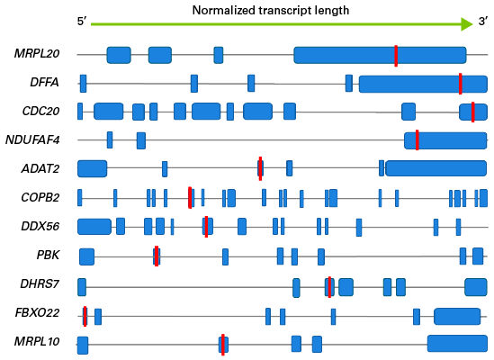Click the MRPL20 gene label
point(37,54)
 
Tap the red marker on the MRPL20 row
point(396,56)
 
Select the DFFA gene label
point(44,83)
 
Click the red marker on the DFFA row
point(461,84)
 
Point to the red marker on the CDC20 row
point(473,112)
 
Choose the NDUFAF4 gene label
point(32,140)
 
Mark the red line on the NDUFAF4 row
point(418,140)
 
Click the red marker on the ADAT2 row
point(260,168)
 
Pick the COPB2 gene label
point(40,198)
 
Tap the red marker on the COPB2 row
point(190,198)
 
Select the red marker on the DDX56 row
point(206,227)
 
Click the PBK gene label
point(48,255)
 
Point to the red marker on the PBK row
point(157,256)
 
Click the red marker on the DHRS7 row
point(329,287)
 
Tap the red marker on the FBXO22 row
point(85,316)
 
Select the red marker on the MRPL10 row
point(223,345)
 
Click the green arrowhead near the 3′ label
point(467,24)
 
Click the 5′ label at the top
point(82,21)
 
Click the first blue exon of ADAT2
point(93,168)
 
